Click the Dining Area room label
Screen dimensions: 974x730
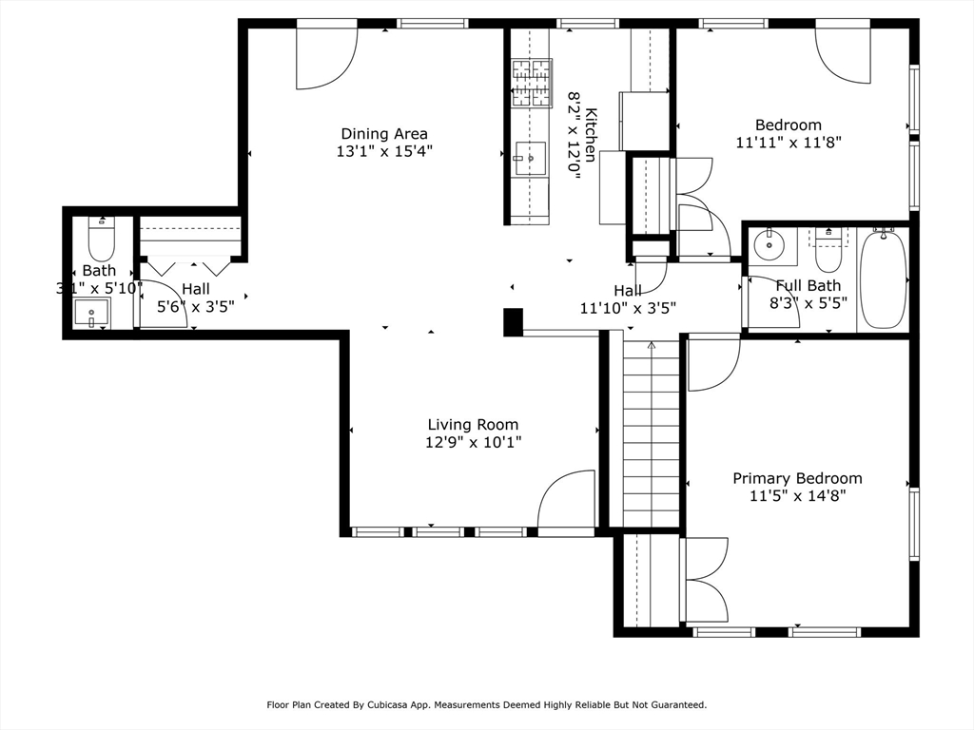(x=384, y=133)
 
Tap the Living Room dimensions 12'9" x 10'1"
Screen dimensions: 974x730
(x=473, y=443)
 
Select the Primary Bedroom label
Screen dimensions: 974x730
(x=797, y=479)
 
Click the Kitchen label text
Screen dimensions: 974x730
(x=591, y=135)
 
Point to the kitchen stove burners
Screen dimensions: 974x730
(x=531, y=83)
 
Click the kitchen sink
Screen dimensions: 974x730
(x=531, y=159)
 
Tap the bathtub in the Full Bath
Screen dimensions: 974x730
(x=883, y=279)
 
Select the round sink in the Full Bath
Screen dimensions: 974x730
(x=769, y=244)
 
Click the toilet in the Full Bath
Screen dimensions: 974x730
(x=828, y=250)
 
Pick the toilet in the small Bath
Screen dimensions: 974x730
(x=102, y=239)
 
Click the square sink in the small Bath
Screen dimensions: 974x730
(x=92, y=313)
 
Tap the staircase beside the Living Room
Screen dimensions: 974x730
(x=651, y=432)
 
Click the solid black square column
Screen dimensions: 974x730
(x=513, y=322)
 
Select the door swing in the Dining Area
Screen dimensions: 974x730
(x=327, y=58)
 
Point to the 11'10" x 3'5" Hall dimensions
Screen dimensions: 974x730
(x=628, y=308)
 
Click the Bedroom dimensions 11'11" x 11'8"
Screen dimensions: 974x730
(x=789, y=143)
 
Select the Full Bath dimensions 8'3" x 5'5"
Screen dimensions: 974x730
(x=808, y=303)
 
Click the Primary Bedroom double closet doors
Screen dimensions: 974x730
(x=707, y=580)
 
